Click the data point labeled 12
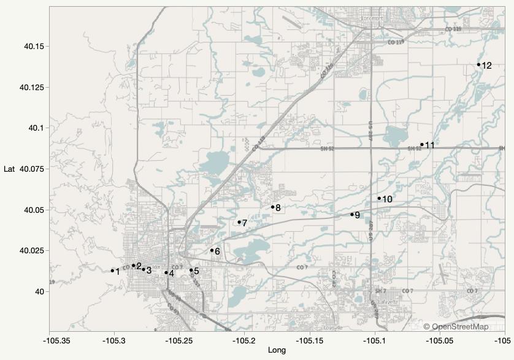point(478,64)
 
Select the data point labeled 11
point(422,145)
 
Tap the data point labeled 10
point(379,198)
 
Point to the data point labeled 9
point(352,214)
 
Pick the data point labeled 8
point(272,207)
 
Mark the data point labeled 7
point(239,222)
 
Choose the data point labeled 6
point(212,250)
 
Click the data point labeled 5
point(191,270)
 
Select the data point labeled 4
point(166,273)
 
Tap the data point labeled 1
point(112,270)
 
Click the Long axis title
point(277,351)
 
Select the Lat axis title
point(9,169)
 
